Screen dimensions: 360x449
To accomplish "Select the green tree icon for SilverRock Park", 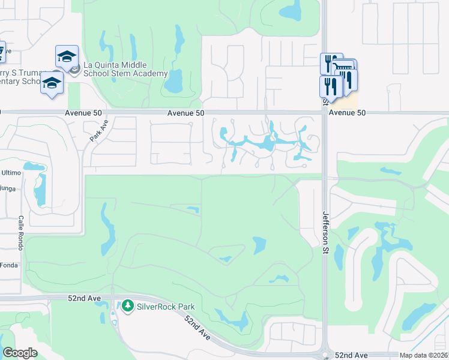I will click(127, 307).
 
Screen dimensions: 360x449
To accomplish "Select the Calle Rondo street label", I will click(21, 230).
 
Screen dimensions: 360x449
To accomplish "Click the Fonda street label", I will click(8, 265).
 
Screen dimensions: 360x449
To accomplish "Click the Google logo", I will click(20, 353).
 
